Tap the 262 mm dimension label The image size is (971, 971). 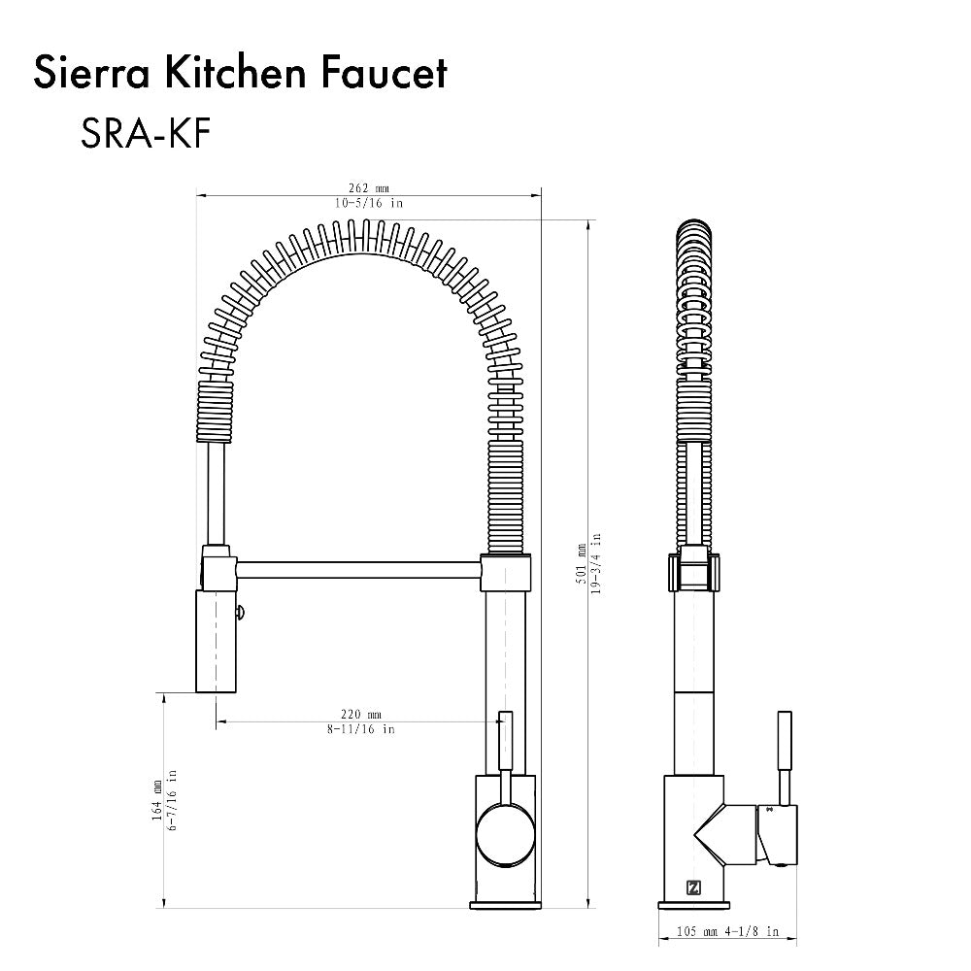pos(369,188)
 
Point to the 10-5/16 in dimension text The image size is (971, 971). pos(369,203)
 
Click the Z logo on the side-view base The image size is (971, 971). pos(692,887)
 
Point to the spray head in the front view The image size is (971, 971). pos(217,641)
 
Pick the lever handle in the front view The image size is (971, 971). pos(504,753)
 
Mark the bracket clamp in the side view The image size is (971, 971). pos(692,571)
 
